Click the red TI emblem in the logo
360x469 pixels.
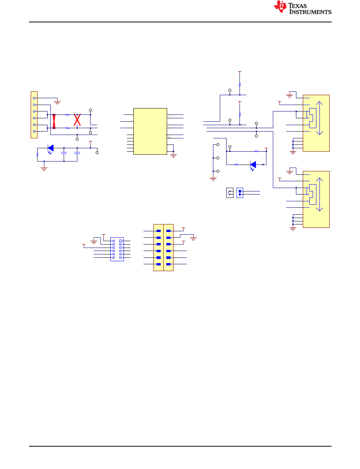[280, 6]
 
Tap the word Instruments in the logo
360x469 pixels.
[310, 12]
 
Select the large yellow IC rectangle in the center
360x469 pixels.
[150, 131]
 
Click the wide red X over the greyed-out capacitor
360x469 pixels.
[77, 120]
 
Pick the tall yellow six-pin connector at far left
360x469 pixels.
[34, 115]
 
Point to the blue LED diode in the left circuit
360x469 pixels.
[51, 148]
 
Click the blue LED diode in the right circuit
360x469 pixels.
[253, 165]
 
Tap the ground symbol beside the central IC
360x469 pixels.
[174, 156]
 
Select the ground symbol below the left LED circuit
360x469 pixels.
[44, 169]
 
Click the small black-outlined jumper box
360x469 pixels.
[230, 193]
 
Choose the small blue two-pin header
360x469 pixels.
[240, 193]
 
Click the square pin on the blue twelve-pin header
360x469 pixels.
[121, 241]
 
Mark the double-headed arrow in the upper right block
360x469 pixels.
[319, 118]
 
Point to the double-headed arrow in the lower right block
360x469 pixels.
[319, 195]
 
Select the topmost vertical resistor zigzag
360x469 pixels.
[239, 85]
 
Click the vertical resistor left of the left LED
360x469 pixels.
[37, 155]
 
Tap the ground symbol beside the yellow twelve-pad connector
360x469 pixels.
[193, 239]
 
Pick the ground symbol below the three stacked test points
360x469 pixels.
[213, 179]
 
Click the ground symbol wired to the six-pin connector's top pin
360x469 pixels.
[57, 102]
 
